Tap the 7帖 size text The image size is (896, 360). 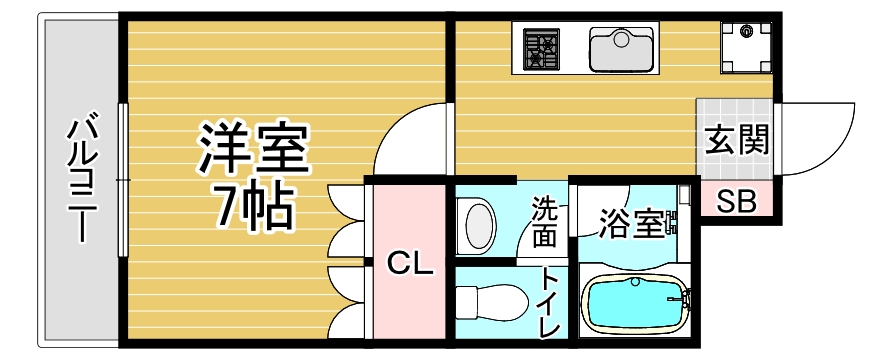click(x=254, y=206)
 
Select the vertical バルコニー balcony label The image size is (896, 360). click(x=80, y=181)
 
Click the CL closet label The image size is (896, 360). click(x=410, y=264)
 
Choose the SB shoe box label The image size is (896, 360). click(x=737, y=201)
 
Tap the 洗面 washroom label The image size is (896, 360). click(x=545, y=221)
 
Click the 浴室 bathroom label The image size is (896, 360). click(x=631, y=224)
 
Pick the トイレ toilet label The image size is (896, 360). click(x=550, y=302)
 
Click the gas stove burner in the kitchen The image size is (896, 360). click(x=541, y=49)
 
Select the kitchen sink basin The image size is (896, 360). click(x=621, y=49)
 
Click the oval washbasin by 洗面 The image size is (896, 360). click(x=480, y=226)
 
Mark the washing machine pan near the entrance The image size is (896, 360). click(x=746, y=47)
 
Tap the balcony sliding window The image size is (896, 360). click(x=123, y=179)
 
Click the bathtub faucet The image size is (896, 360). click(x=683, y=298)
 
